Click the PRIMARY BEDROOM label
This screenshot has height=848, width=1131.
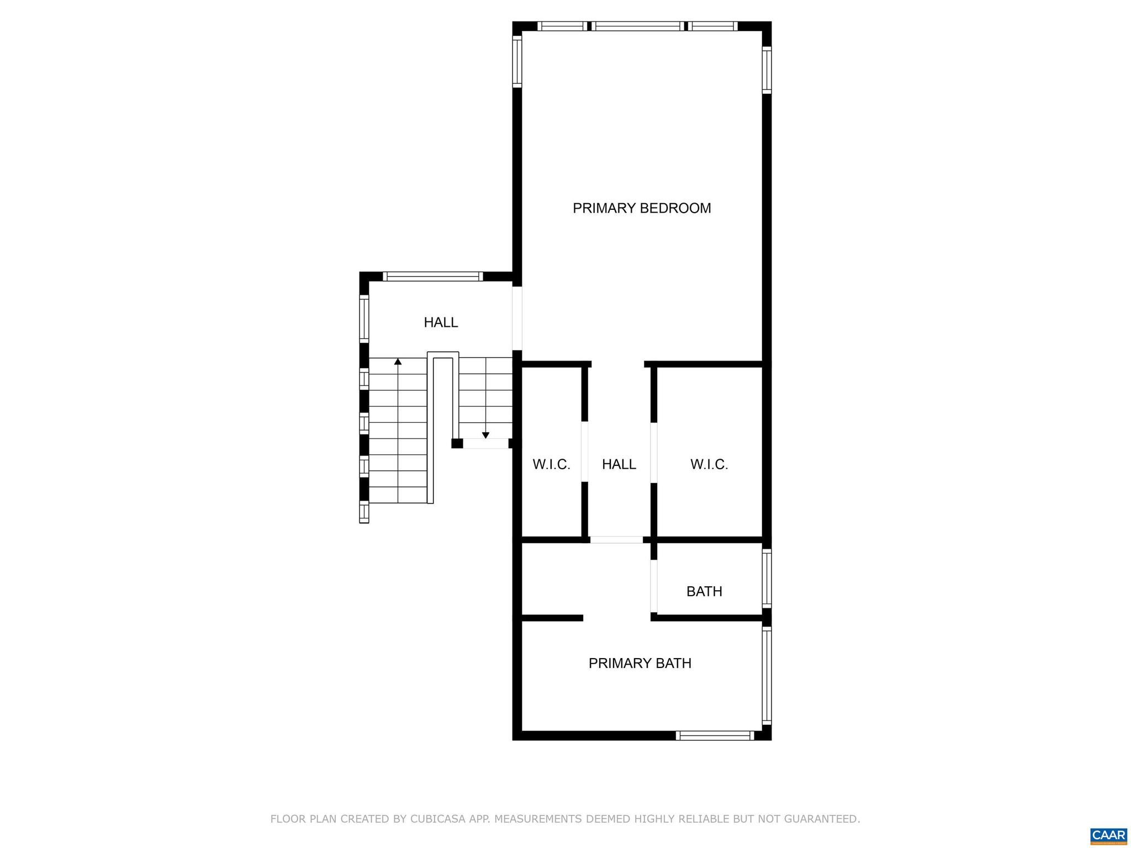(642, 208)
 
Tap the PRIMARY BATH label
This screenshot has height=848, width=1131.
(640, 663)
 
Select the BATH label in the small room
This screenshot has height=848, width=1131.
(704, 591)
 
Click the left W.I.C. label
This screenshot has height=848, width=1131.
(551, 464)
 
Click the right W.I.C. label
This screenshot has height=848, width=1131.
(709, 464)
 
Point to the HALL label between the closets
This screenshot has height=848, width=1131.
(619, 464)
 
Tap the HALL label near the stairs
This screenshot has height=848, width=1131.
(441, 322)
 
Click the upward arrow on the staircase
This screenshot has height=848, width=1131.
(398, 362)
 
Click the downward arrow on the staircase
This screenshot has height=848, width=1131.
(485, 435)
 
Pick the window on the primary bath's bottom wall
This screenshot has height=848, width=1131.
(715, 735)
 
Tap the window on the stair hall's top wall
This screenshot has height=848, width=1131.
(433, 277)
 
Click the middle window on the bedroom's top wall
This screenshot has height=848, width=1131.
(638, 26)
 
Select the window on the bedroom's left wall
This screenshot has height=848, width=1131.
(517, 61)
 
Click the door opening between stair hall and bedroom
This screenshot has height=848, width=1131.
(517, 319)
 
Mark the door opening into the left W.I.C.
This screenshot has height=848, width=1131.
(584, 452)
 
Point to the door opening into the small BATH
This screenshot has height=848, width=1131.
(654, 586)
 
